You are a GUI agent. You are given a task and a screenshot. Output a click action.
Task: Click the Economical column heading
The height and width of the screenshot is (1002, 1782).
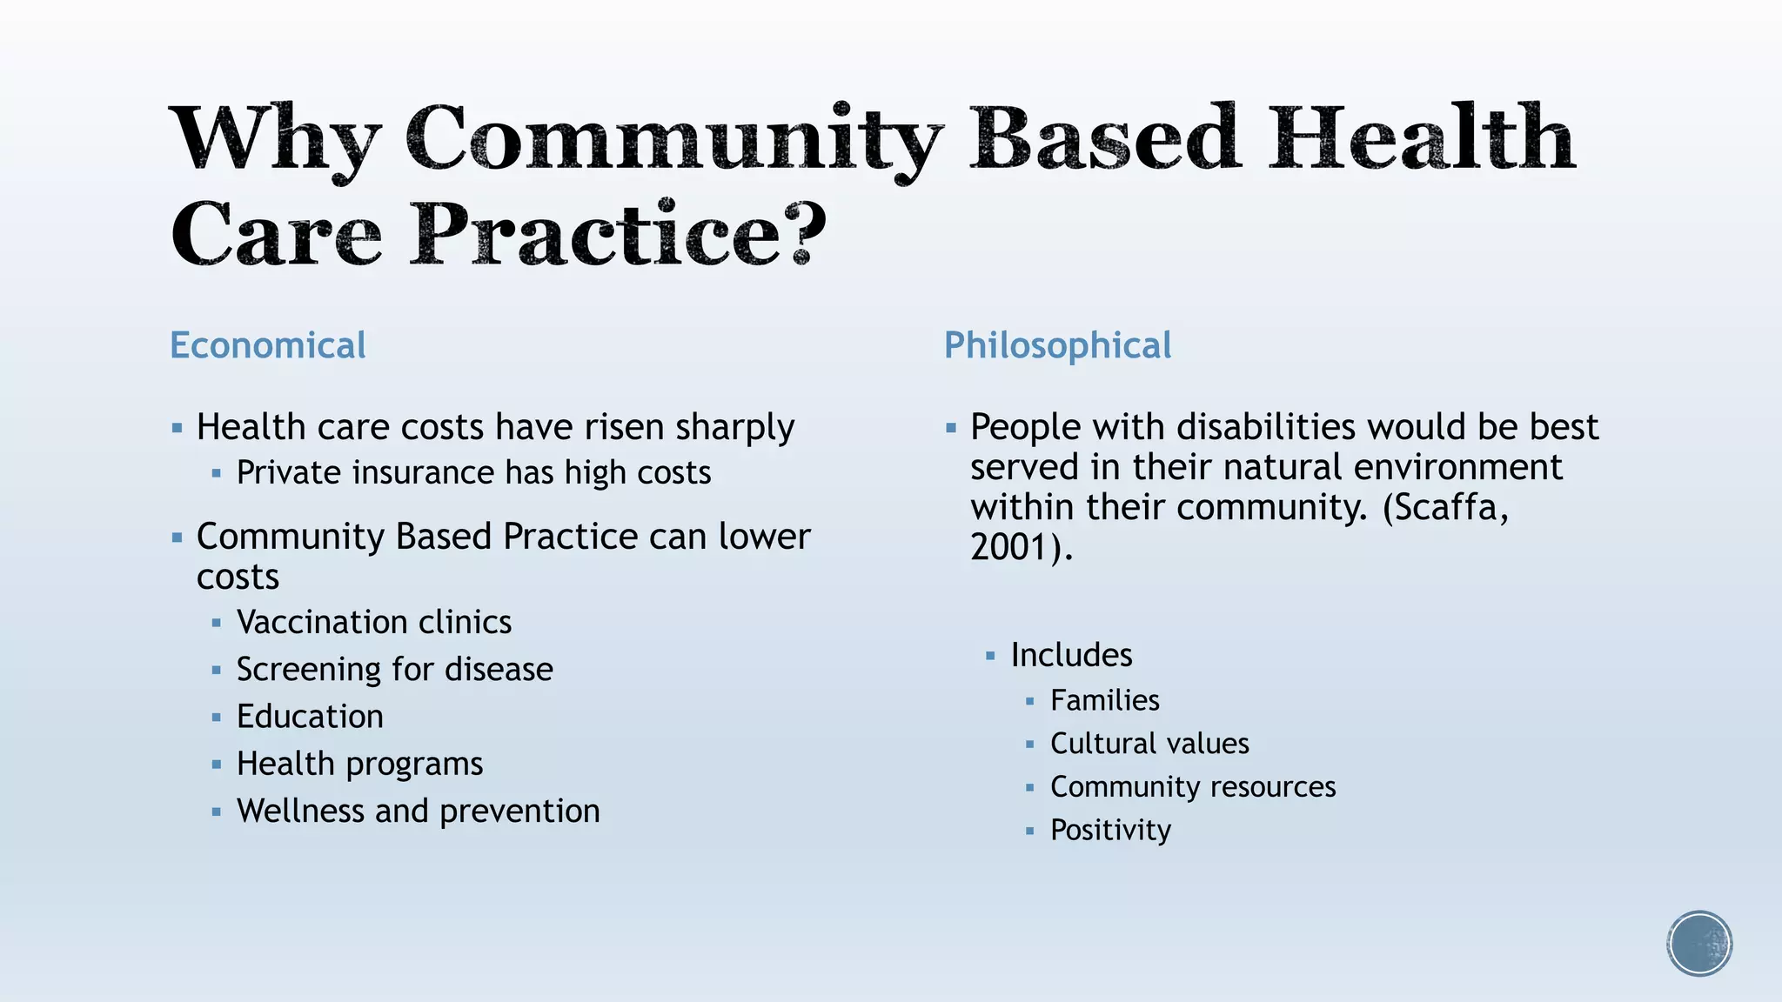pos(267,345)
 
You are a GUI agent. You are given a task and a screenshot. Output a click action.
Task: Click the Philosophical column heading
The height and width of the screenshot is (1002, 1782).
pos(1057,345)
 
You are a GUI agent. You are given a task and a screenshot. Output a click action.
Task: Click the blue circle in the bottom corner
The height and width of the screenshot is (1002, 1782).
pos(1699,944)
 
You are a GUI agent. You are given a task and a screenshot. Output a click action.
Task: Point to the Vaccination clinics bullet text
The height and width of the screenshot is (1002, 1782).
pos(374,622)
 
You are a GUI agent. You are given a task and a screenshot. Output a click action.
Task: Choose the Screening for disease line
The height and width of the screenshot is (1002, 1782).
pos(394,669)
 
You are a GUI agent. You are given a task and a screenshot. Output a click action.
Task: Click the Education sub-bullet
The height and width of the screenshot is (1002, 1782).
pos(310,716)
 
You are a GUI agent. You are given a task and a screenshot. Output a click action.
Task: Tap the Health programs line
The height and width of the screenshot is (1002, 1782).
pos(359,764)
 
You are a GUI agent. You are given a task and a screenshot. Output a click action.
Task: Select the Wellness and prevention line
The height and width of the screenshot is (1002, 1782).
pos(418,811)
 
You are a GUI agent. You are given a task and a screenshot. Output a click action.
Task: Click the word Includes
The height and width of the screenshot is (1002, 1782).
pos(1071,655)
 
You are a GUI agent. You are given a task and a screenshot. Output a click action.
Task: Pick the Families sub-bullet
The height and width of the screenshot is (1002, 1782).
pos(1104,700)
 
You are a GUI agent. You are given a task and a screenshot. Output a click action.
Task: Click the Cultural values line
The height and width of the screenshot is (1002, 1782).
pos(1149,744)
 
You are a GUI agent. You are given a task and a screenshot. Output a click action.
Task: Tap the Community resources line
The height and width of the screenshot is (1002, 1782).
pos(1192,786)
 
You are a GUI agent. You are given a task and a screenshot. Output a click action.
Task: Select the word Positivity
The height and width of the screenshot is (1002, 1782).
pos(1110,830)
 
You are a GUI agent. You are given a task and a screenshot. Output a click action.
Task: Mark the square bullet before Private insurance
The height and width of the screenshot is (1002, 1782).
pos(217,474)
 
